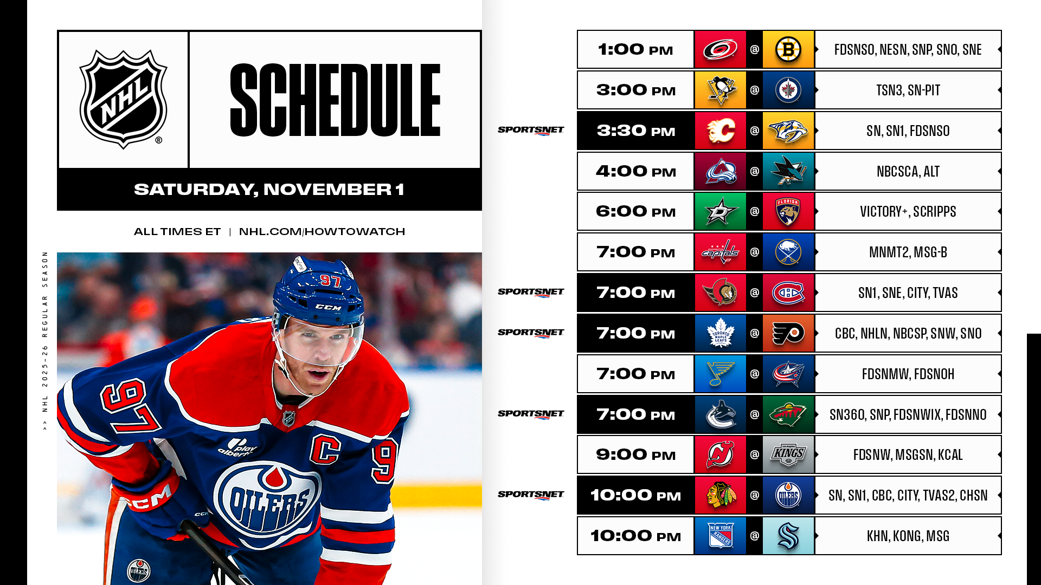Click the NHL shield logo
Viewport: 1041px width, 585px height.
123,99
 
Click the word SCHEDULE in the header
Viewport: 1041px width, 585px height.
335,100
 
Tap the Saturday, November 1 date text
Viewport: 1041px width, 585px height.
269,190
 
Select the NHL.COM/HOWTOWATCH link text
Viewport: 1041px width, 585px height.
322,232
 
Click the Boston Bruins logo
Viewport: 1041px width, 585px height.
788,49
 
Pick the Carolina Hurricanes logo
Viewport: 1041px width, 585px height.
720,49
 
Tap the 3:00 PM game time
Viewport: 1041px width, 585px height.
636,90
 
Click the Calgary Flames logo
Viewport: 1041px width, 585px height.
721,131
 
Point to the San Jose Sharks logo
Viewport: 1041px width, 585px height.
788,171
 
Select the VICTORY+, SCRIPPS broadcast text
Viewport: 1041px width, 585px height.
908,212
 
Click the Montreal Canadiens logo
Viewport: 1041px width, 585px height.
788,292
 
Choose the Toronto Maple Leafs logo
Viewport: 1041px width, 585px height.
721,333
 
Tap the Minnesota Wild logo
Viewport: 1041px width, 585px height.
788,414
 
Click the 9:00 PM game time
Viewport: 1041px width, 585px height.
636,455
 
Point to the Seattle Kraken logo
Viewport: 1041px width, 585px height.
788,536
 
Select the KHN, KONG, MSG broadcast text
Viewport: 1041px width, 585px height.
908,536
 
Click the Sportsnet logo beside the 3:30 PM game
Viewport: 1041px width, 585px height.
531,131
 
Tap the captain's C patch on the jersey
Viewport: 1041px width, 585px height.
325,449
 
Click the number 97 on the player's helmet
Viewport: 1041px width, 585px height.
330,281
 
